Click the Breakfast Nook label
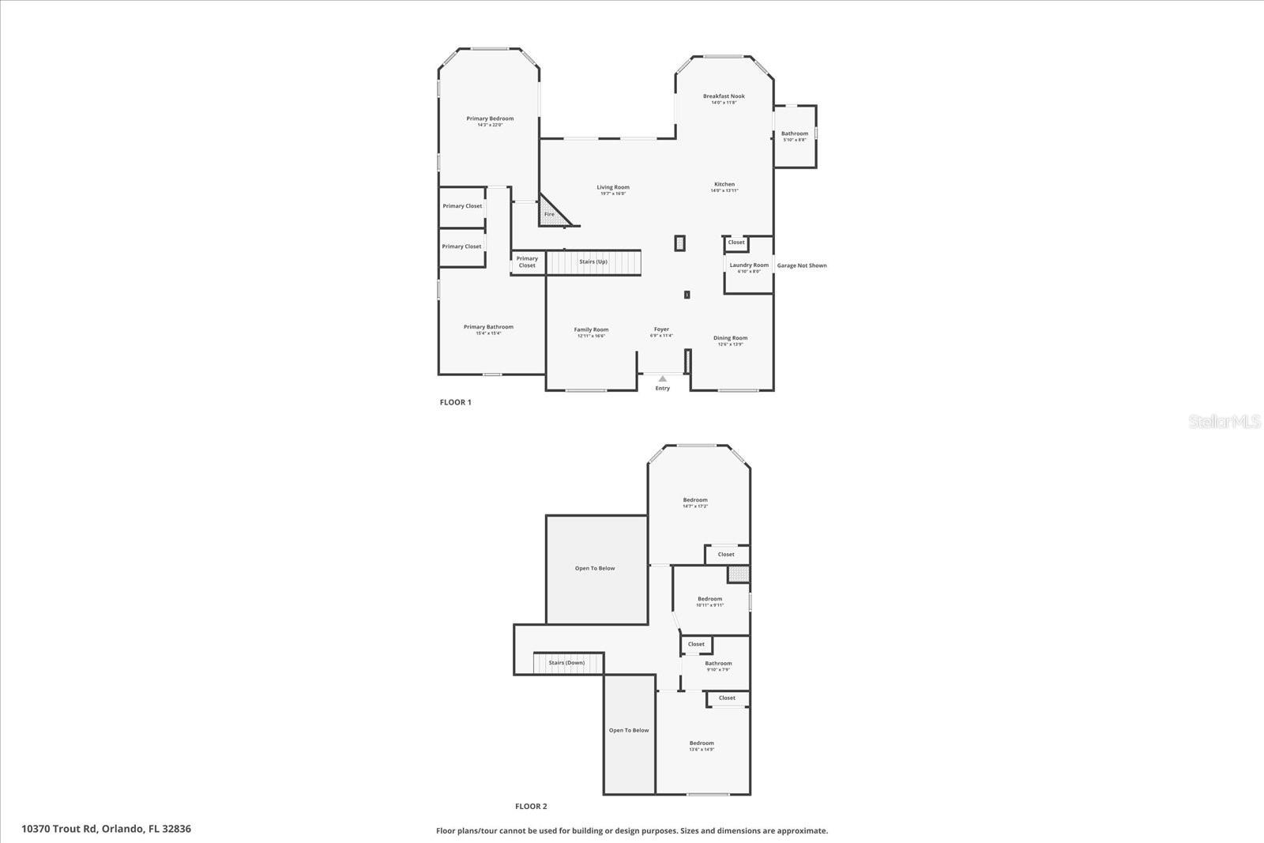(x=724, y=96)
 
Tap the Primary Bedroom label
(x=490, y=119)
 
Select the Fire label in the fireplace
(x=549, y=214)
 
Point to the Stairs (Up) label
(x=593, y=262)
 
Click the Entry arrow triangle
(x=662, y=379)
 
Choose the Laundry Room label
(x=749, y=265)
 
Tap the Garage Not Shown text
(x=802, y=265)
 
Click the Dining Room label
(x=731, y=338)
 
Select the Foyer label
(x=661, y=329)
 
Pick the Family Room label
(x=591, y=329)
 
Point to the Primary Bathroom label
(x=488, y=327)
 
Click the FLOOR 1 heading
(x=455, y=402)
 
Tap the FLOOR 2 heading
(x=531, y=807)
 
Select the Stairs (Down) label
(x=567, y=663)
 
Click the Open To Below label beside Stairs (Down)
(x=629, y=731)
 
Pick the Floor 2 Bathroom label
(x=718, y=664)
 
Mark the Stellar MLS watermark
(x=1225, y=422)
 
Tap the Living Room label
(x=613, y=188)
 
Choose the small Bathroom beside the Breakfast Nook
(x=795, y=134)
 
